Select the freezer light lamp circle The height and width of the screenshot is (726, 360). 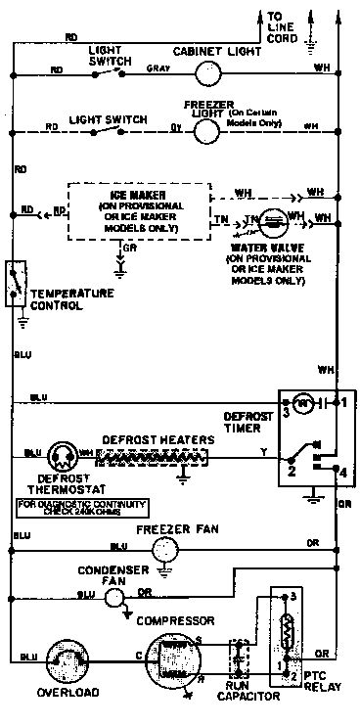206,129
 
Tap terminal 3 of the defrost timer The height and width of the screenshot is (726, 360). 288,412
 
